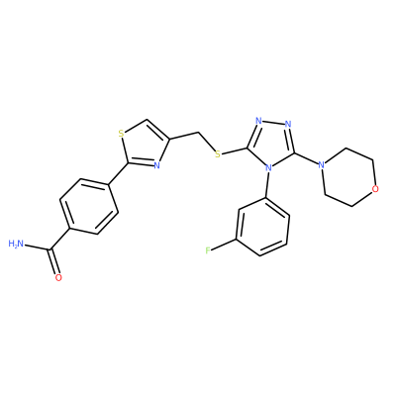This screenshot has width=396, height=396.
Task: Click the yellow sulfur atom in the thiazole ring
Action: coord(121,134)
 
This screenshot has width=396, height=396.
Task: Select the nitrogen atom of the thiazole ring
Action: coord(157,165)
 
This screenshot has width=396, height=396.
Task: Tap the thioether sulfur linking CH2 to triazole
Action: coord(217,154)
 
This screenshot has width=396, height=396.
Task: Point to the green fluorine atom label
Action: coord(208,250)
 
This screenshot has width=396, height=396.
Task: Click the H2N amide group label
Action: coord(16,245)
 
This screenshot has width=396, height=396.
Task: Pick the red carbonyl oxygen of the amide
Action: coord(58,277)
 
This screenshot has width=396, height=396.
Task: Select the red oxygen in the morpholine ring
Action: coord(374,189)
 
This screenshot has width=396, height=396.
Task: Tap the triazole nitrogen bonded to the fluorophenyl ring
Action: coord(269,168)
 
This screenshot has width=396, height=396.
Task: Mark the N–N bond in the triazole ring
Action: coord(273,123)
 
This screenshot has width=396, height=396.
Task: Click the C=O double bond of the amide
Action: coord(54,261)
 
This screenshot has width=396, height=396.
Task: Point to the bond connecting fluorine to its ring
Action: coord(224,245)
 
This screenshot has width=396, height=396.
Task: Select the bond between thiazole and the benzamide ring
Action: coord(118,173)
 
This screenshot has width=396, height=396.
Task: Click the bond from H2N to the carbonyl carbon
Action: coord(38,247)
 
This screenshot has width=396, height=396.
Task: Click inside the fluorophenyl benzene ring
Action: coord(263,227)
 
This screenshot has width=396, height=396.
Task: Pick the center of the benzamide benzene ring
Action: coord(89,207)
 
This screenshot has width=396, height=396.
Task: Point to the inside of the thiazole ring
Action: coord(145,144)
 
